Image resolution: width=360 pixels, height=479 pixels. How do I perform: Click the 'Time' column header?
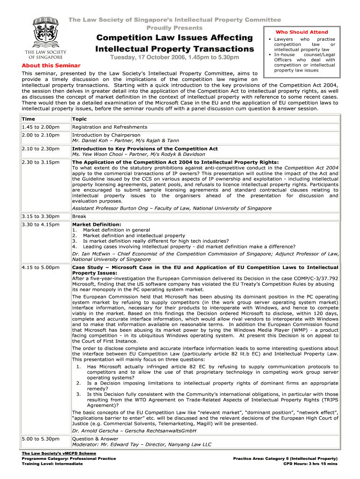pos(29,119)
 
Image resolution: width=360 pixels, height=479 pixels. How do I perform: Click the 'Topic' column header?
pos(79,119)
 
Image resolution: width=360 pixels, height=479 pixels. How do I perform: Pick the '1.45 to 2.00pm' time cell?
pos(40,127)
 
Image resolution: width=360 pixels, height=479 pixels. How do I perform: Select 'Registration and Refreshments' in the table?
pos(109,127)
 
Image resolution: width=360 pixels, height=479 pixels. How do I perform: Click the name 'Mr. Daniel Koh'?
pos(90,140)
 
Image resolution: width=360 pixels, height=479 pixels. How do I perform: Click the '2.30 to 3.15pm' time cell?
pos(40,162)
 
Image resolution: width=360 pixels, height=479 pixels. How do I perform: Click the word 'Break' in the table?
pos(79,217)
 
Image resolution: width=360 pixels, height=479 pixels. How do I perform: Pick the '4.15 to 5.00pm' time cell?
pos(40,267)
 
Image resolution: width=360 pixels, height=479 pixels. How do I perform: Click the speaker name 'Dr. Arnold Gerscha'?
pos(95,430)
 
